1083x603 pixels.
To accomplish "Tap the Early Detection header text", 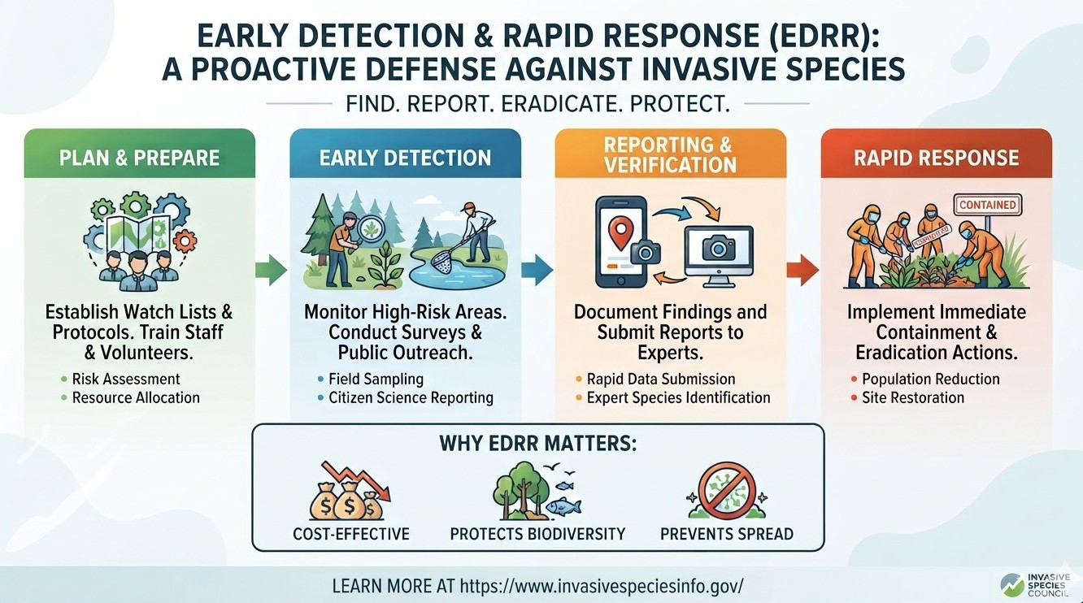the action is [x=405, y=158].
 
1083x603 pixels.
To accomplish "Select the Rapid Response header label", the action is [x=937, y=158].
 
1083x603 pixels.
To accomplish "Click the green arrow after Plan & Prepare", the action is [x=272, y=270].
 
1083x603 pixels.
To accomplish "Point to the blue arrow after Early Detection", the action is [x=537, y=270].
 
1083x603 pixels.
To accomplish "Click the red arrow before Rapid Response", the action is [x=803, y=270].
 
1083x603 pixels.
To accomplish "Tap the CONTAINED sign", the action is [x=988, y=205].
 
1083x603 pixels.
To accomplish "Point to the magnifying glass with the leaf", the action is [x=369, y=229].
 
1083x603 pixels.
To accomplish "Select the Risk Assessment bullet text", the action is [x=126, y=379].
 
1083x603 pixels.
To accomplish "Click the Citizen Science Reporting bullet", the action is [x=411, y=397].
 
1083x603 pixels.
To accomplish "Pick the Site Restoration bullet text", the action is [x=913, y=397].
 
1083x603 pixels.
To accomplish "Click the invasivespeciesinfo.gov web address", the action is [x=602, y=586].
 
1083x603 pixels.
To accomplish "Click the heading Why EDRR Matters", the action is [x=538, y=444].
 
